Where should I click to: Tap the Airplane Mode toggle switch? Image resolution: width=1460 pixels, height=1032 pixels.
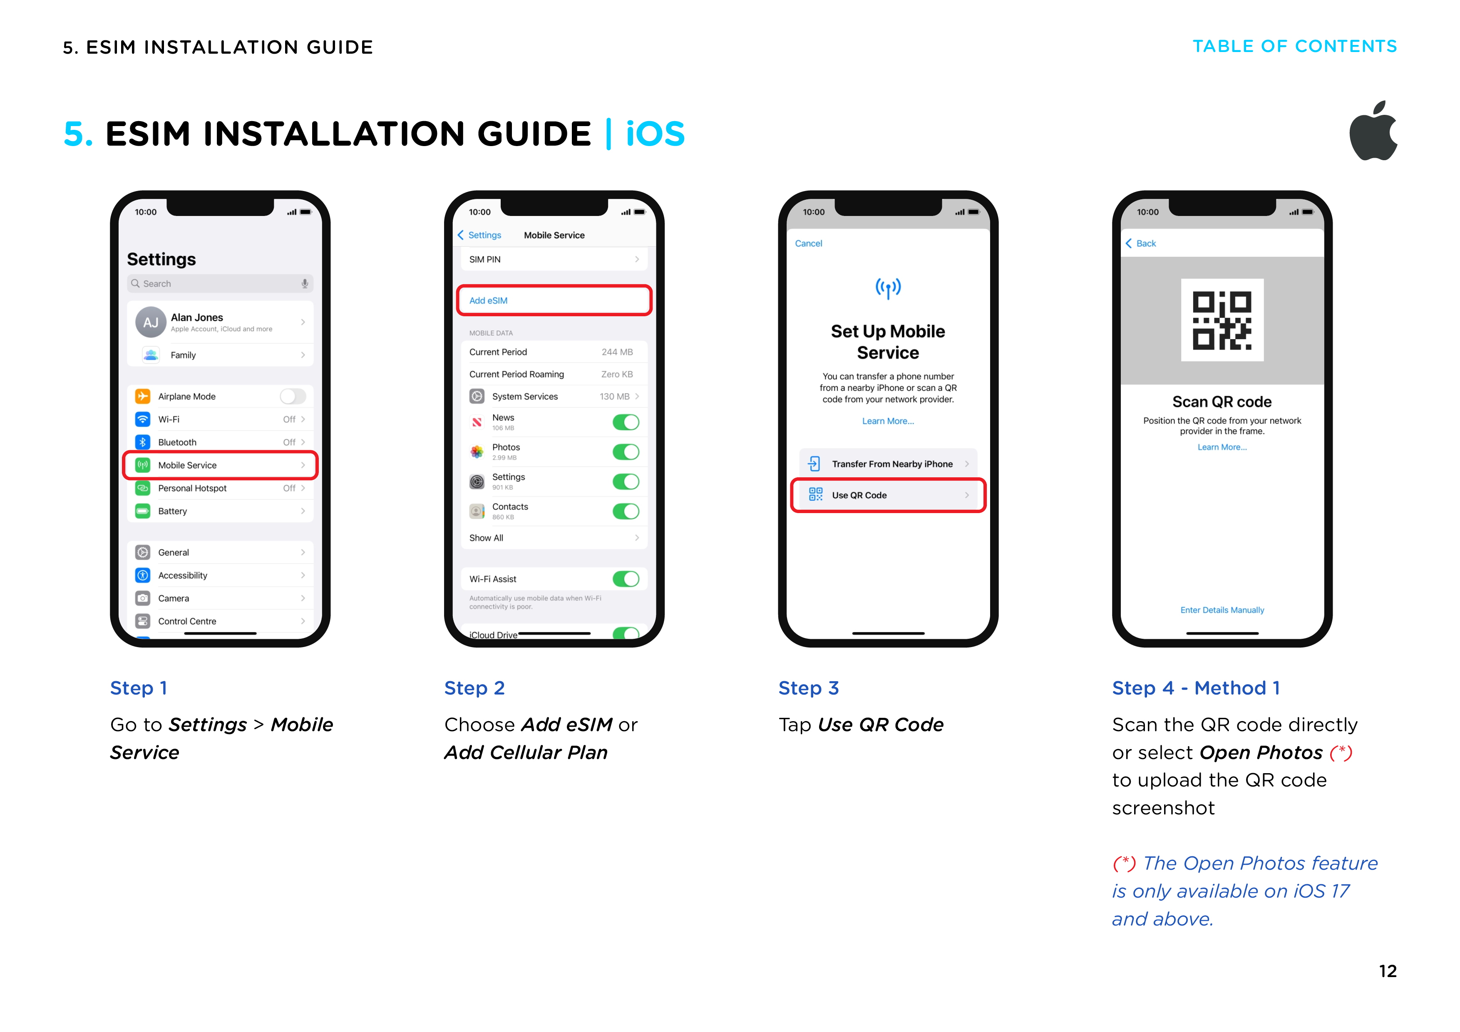293,396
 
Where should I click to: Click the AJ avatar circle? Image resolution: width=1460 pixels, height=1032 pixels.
151,322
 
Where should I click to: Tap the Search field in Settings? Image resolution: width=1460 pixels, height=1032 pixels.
220,284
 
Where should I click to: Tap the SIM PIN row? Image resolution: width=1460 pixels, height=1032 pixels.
554,259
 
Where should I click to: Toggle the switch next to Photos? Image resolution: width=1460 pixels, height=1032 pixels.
626,452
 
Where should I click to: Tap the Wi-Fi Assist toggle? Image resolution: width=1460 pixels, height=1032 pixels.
626,579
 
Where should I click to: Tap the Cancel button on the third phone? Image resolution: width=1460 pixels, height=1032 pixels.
808,243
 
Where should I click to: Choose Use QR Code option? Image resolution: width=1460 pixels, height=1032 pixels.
888,495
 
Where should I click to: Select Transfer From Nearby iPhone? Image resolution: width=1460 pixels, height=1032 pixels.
888,464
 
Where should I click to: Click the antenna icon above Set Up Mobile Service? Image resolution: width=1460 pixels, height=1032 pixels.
888,288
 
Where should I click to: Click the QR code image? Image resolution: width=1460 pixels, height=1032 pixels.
1222,320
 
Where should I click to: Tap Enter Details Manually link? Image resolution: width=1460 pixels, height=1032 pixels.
1222,610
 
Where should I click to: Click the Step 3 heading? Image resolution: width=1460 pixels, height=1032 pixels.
808,688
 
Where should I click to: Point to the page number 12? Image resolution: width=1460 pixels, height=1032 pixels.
1388,971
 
